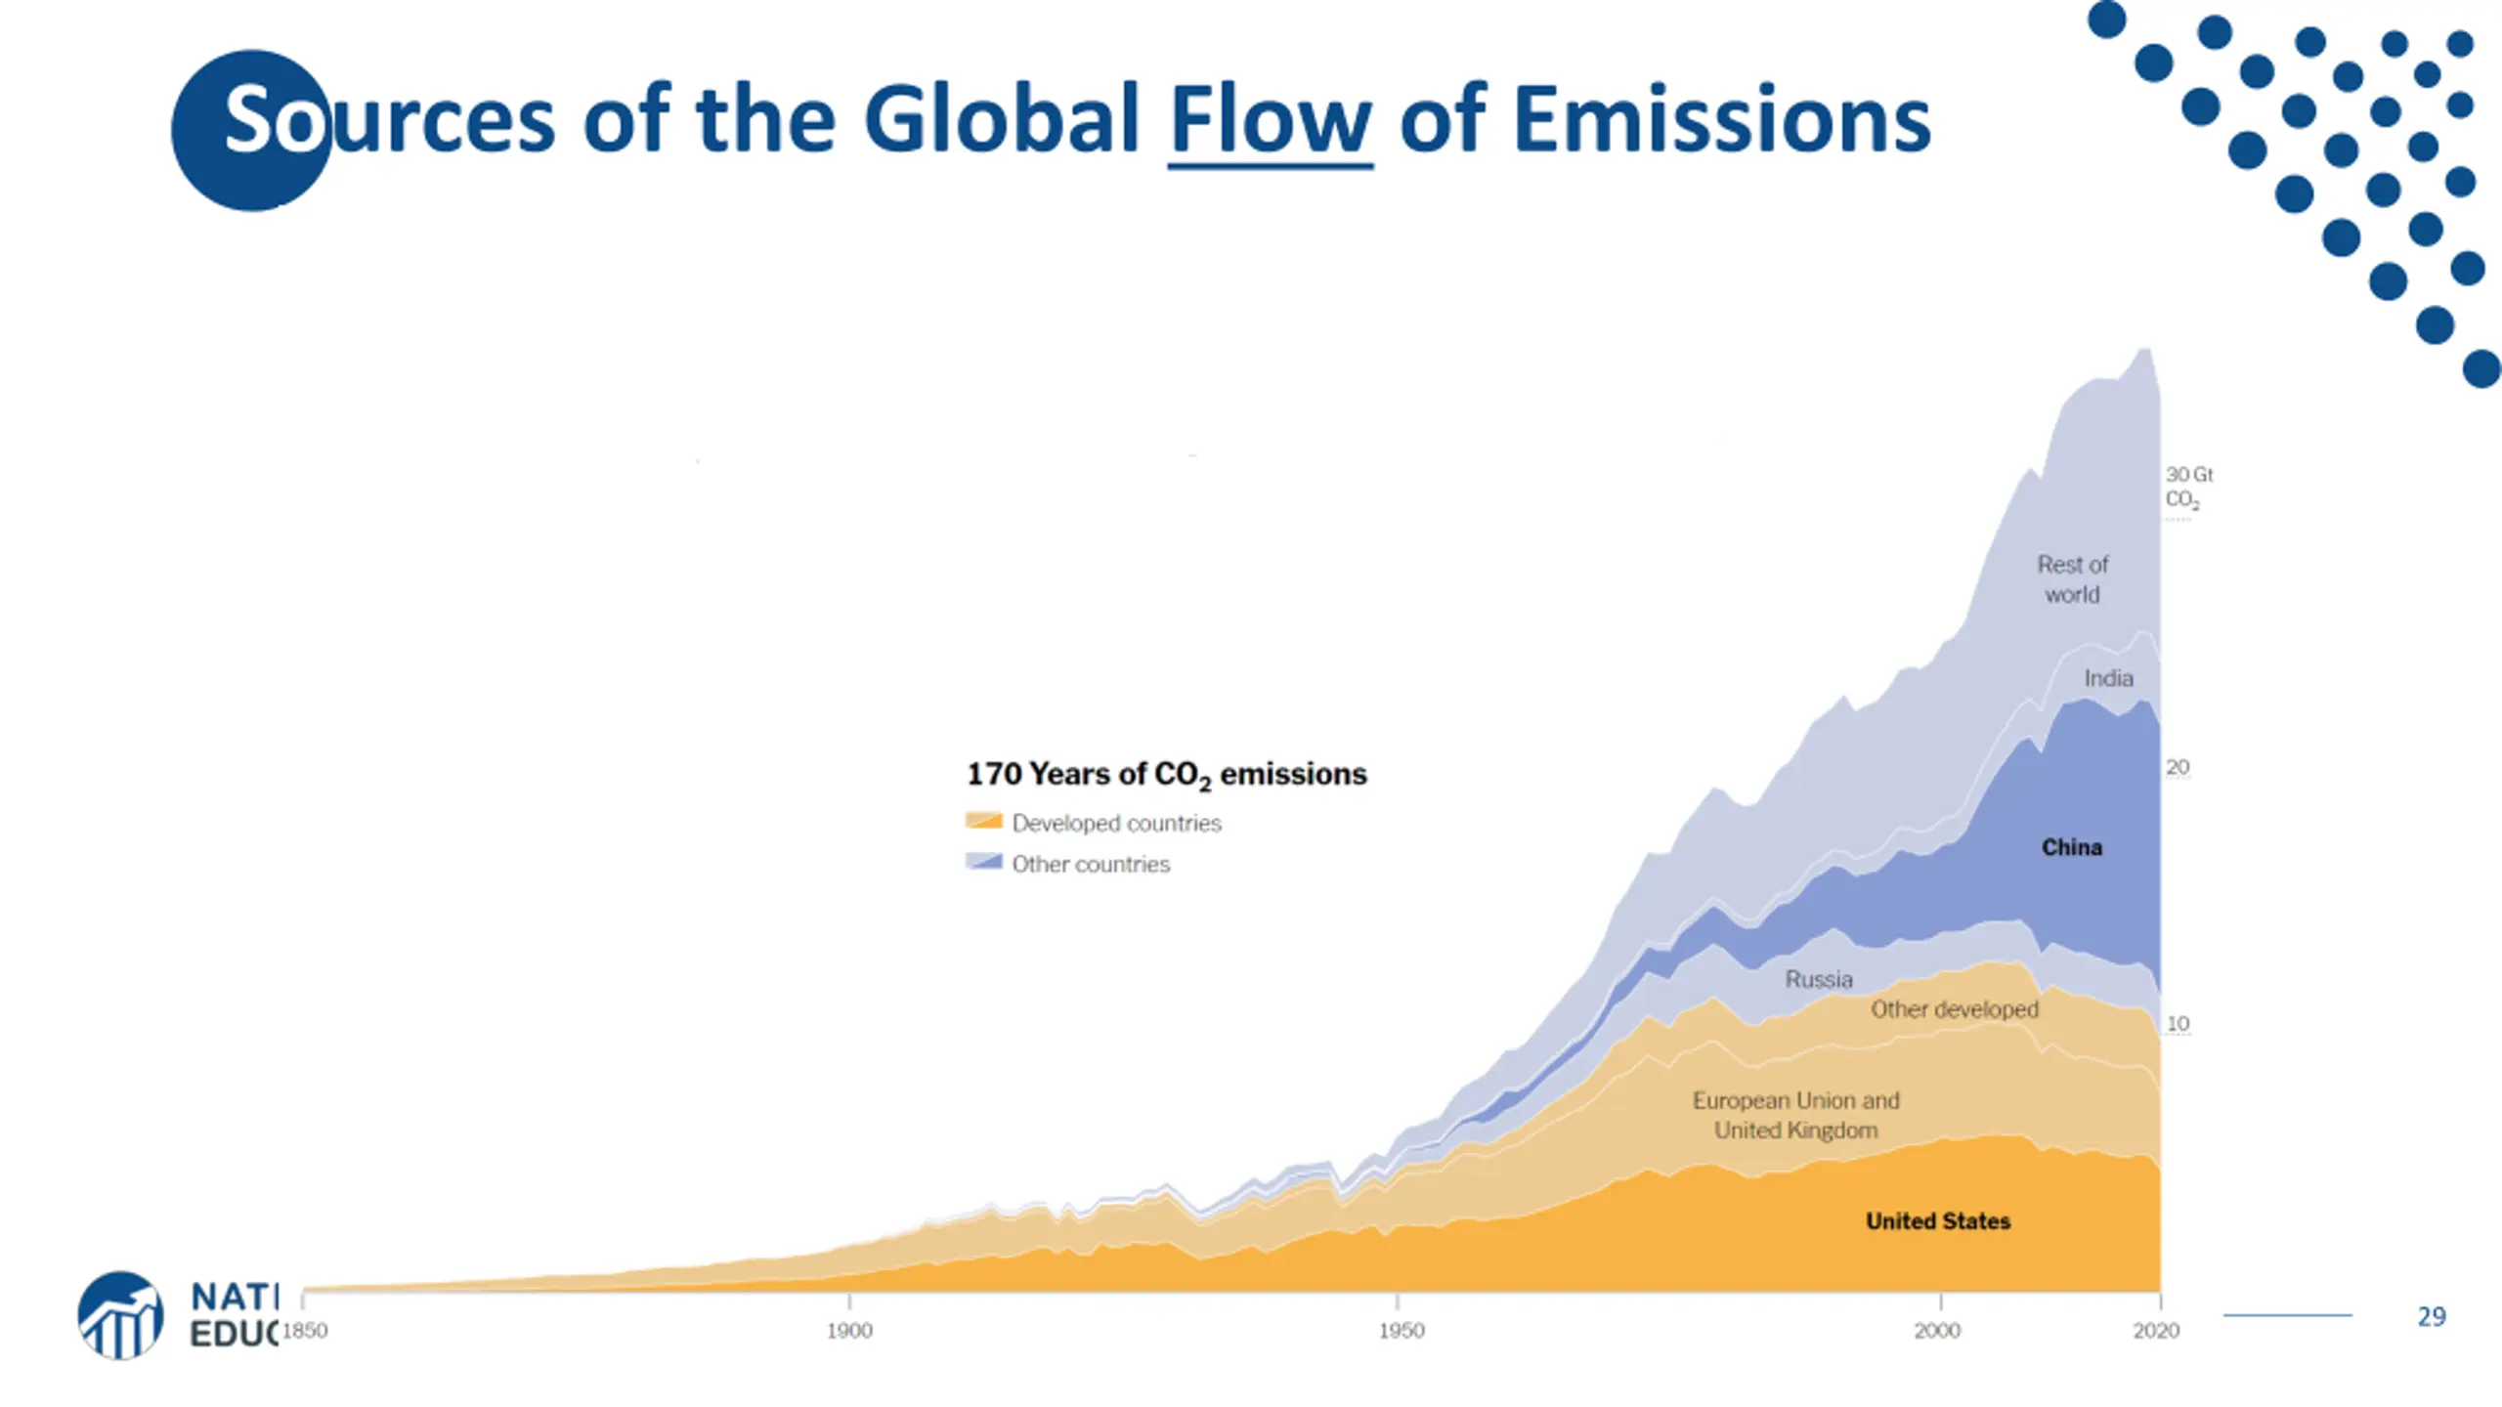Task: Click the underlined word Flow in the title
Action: [1270, 121]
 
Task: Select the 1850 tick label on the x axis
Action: [305, 1331]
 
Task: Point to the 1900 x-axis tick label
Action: [848, 1331]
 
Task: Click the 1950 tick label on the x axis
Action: [1401, 1331]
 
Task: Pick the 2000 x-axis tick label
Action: [1937, 1331]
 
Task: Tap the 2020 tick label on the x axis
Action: [2156, 1331]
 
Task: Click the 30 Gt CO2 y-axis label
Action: [2187, 487]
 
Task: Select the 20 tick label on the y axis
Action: [2177, 768]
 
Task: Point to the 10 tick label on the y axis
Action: [2178, 1024]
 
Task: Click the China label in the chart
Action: [2071, 847]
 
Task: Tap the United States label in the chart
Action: [1937, 1221]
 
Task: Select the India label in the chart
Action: [2108, 678]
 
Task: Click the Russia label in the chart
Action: [1818, 979]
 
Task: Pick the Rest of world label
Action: [2072, 579]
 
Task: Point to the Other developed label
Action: [1954, 1009]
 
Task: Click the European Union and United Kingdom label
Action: [1795, 1116]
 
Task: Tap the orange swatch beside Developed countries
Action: [983, 822]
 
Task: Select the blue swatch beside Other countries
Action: [983, 863]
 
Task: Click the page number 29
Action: [2431, 1317]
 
